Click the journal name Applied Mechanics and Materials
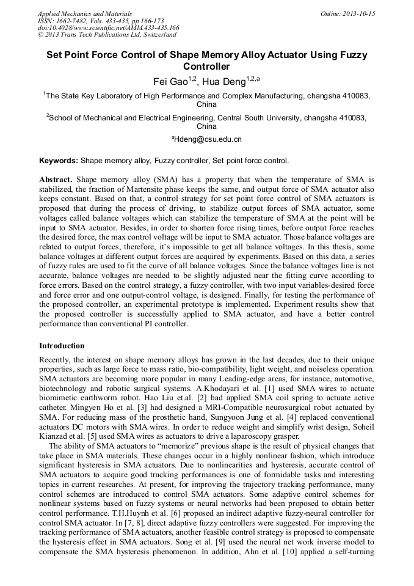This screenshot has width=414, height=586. [85, 13]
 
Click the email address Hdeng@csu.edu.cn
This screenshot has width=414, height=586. [208, 139]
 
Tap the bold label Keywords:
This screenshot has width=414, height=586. [59, 161]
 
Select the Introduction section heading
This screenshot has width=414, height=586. [62, 346]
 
